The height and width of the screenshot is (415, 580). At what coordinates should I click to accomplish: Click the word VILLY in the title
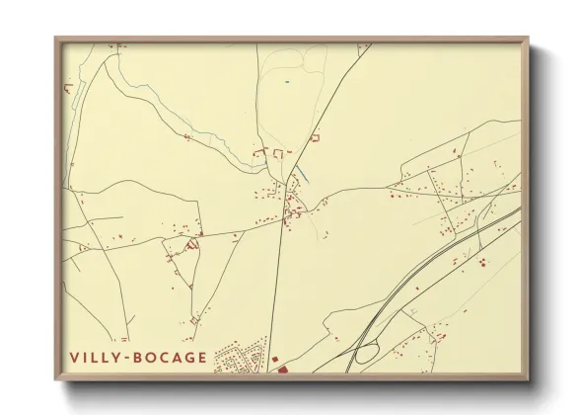point(95,358)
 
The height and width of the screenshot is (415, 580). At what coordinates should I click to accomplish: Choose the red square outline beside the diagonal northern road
point(315,139)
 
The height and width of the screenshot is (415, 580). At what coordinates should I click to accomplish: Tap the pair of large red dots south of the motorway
point(482,263)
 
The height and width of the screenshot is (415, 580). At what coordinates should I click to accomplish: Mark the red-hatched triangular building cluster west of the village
point(192,241)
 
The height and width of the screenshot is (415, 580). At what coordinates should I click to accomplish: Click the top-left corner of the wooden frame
point(56,40)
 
